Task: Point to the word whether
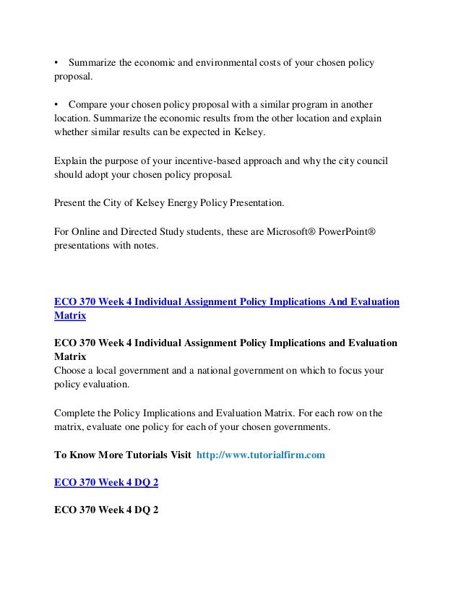click(x=71, y=132)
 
